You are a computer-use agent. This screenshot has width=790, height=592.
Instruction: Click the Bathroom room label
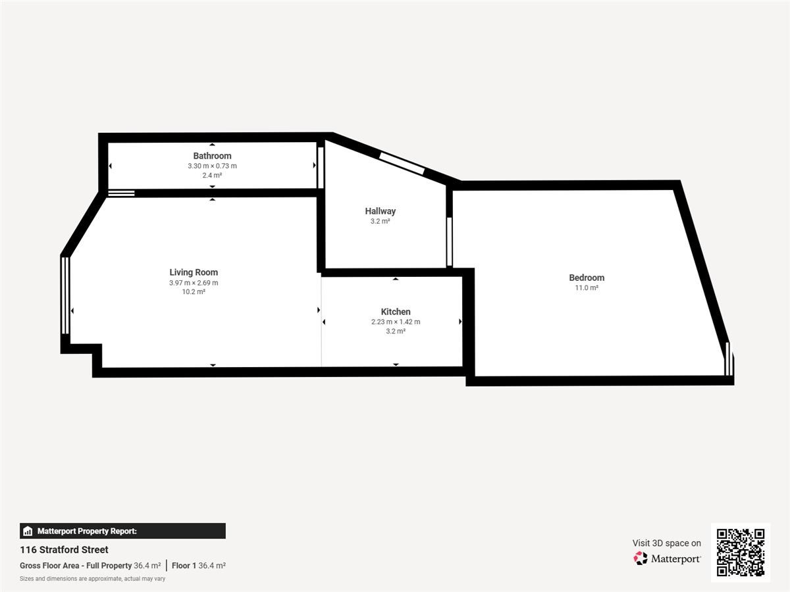click(x=212, y=156)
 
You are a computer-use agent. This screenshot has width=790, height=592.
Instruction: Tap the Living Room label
click(x=194, y=272)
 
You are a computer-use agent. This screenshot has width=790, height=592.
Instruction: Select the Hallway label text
click(x=380, y=211)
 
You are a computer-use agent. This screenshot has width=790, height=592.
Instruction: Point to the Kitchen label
click(x=396, y=312)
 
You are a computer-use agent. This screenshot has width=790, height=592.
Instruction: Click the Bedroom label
click(x=587, y=278)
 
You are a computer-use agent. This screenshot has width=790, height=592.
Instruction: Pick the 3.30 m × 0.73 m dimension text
click(x=212, y=166)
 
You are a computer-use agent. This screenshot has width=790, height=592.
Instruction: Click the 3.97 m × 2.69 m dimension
click(x=194, y=283)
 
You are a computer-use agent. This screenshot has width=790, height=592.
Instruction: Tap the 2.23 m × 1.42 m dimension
click(x=396, y=322)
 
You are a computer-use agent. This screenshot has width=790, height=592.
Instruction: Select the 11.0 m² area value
click(x=587, y=287)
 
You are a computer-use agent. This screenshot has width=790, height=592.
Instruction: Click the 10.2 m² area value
click(x=194, y=292)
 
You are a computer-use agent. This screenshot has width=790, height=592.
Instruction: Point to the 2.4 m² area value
click(x=212, y=176)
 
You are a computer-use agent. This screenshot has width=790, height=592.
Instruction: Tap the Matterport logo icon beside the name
click(x=641, y=558)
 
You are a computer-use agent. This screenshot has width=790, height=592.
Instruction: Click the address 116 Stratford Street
click(x=64, y=550)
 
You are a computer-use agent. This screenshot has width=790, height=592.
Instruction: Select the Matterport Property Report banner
click(x=122, y=531)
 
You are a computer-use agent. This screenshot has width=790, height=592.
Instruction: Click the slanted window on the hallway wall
click(x=402, y=164)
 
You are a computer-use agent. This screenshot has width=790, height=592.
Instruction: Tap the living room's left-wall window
click(x=65, y=295)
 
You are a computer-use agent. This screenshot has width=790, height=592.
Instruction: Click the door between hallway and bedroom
click(x=449, y=241)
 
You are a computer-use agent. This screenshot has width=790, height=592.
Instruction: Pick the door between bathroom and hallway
click(x=321, y=168)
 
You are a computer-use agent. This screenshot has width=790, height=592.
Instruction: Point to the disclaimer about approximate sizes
click(x=93, y=579)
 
